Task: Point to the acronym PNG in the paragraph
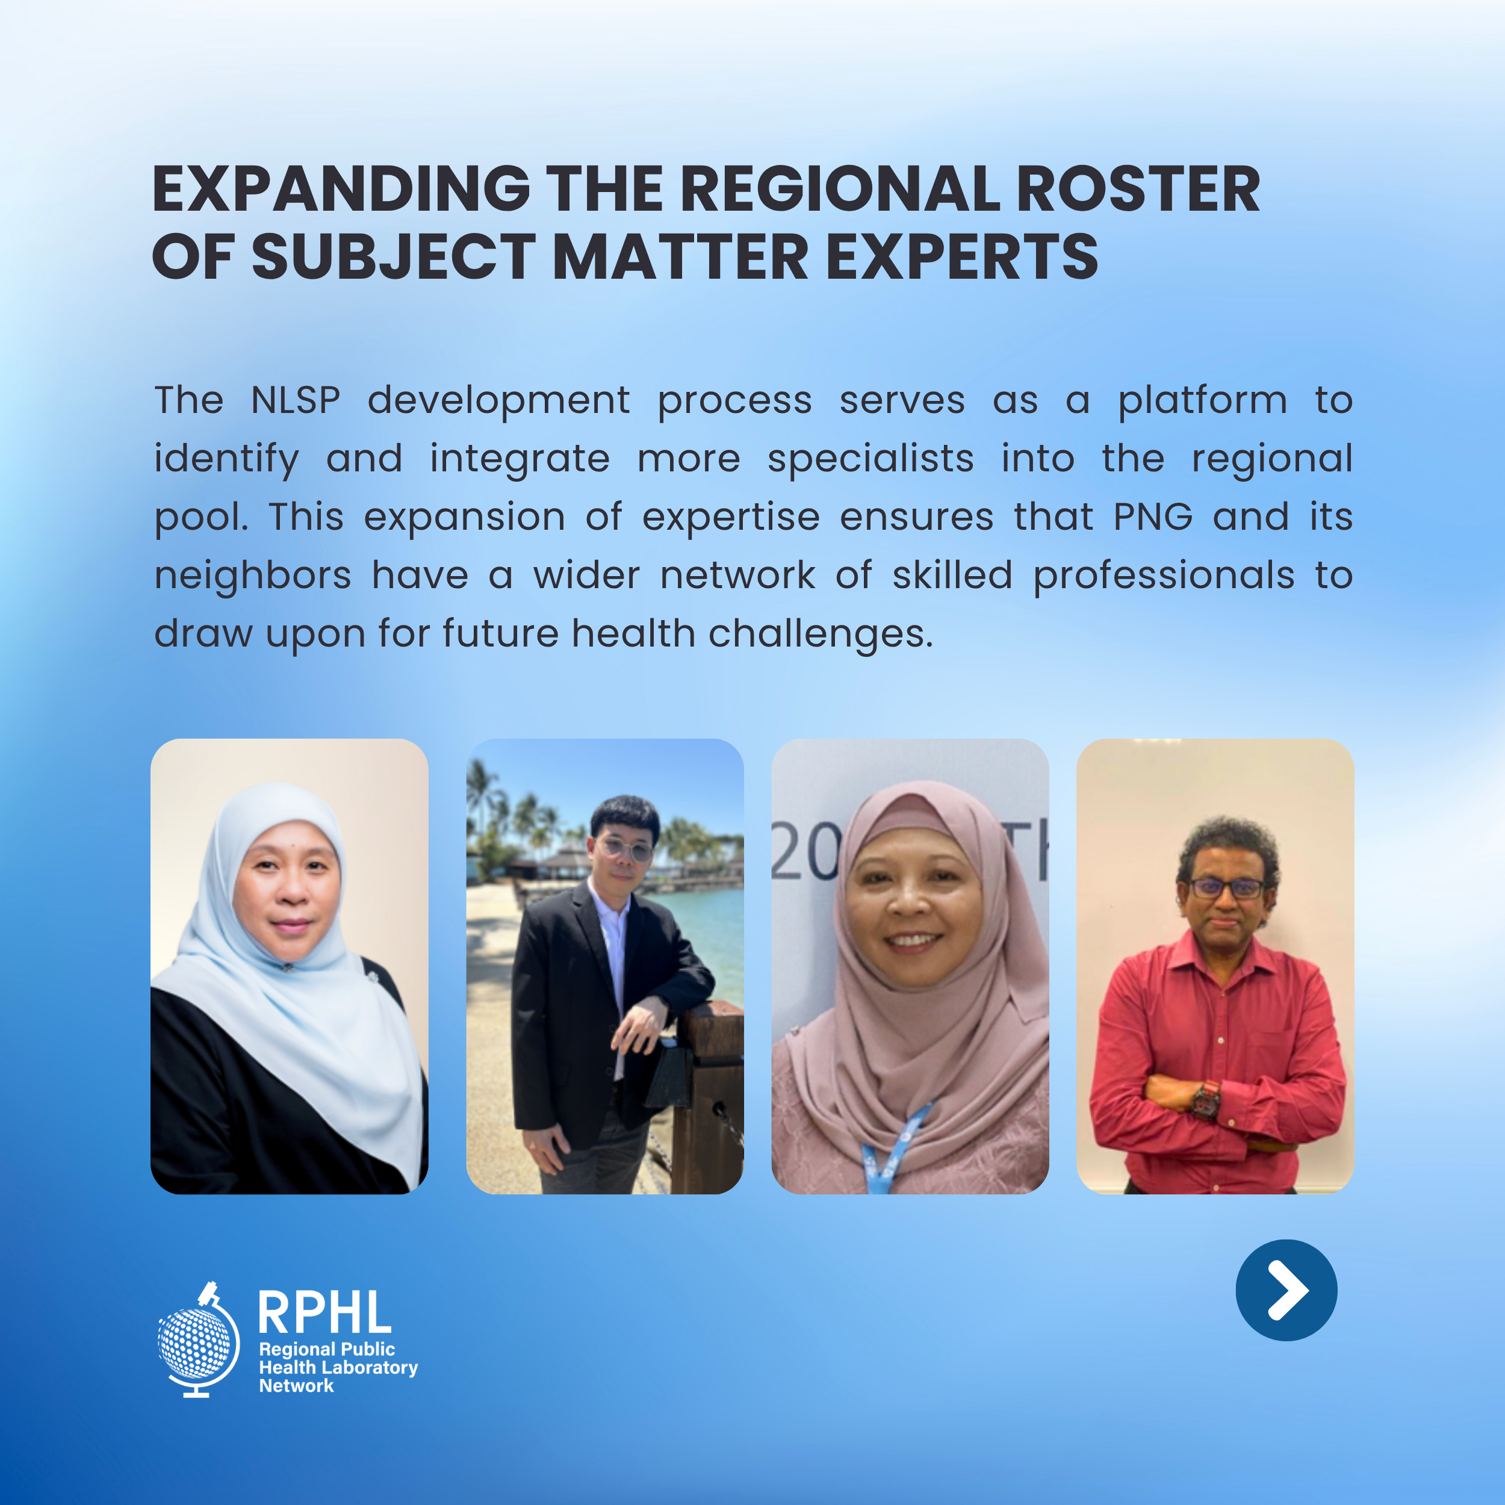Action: coord(1153,517)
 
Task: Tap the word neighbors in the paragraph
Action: coord(252,576)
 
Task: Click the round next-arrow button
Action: coord(1286,1290)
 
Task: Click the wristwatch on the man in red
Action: coord(1206,1100)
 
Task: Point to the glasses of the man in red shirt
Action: coord(1226,887)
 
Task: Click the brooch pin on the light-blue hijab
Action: coord(288,967)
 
